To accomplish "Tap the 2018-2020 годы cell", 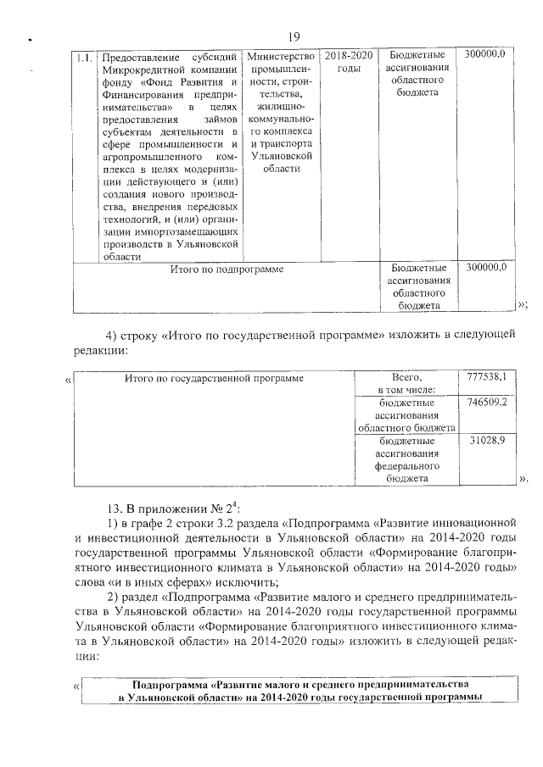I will pyautogui.click(x=349, y=61).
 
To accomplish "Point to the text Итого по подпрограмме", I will pyautogui.click(x=227, y=269).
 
